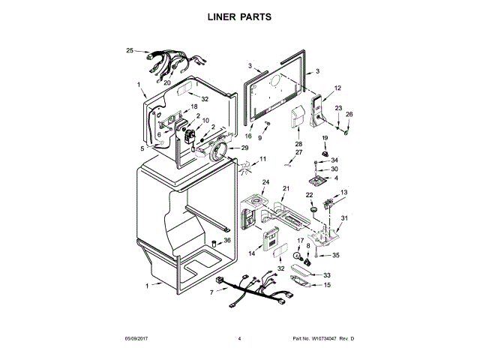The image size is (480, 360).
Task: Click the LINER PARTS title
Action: (x=240, y=16)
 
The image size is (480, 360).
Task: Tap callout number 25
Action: (x=130, y=50)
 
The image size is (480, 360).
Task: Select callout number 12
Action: (x=337, y=88)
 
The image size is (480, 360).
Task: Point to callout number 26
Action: (x=349, y=115)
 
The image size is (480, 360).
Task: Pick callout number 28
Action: (x=298, y=144)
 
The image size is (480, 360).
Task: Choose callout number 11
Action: (x=262, y=159)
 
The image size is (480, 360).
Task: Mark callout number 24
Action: (x=265, y=182)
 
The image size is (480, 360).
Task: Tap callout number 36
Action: (x=227, y=241)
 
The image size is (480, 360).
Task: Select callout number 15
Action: (x=327, y=285)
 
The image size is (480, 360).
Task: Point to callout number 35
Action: (x=336, y=256)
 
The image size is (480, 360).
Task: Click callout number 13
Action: (x=344, y=193)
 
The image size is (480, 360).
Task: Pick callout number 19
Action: (x=326, y=139)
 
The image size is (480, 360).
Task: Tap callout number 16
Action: (x=249, y=136)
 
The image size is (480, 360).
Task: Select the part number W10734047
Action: (x=319, y=340)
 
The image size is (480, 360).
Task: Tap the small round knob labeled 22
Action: (x=308, y=211)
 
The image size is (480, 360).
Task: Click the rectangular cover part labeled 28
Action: (x=298, y=120)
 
